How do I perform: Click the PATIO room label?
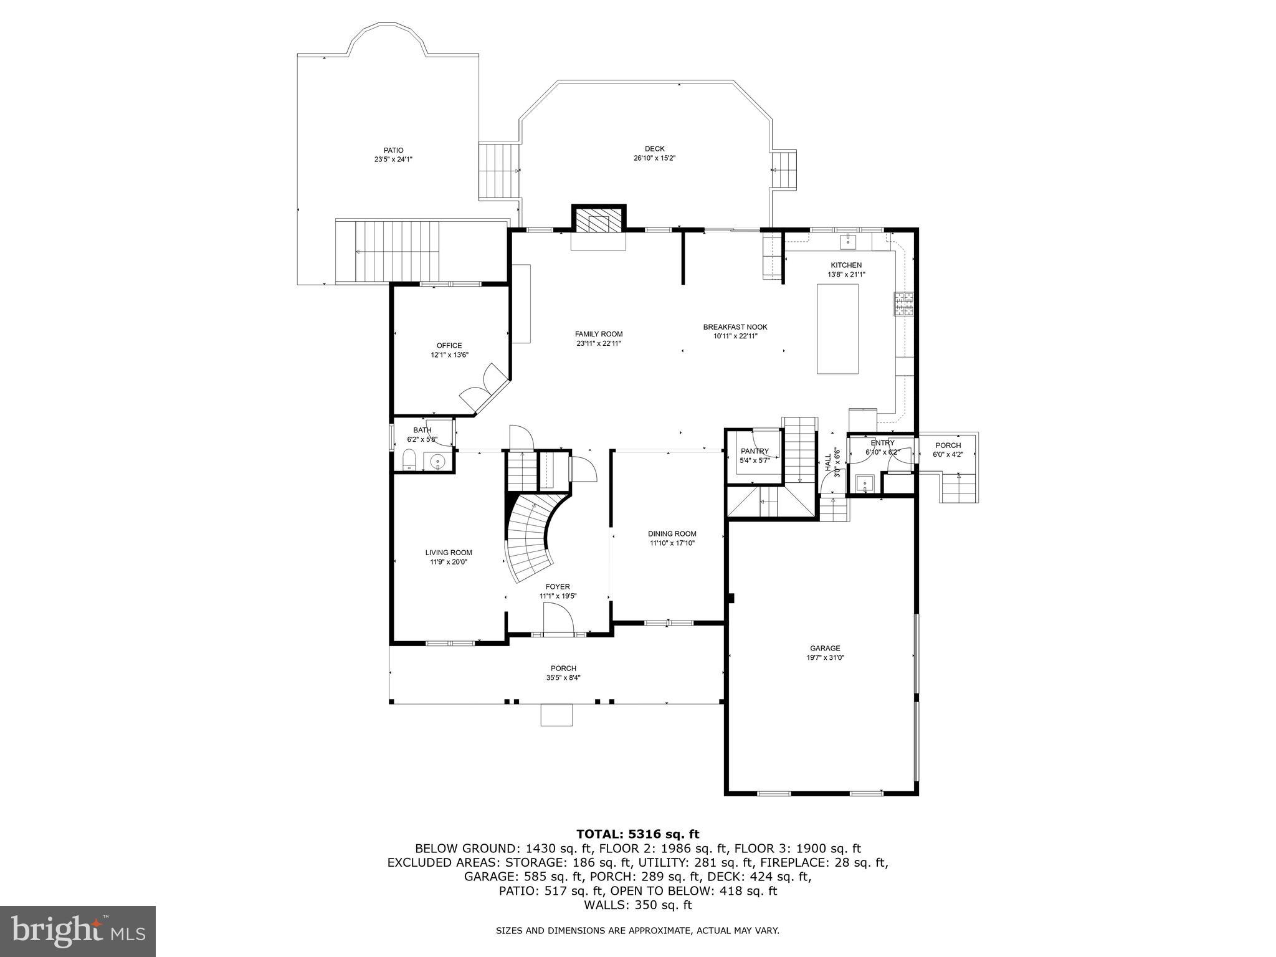[x=393, y=150]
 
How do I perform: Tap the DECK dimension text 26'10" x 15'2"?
[x=654, y=158]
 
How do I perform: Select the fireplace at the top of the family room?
[x=598, y=220]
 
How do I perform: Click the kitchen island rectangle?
[x=837, y=328]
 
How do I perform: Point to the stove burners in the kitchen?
[x=903, y=304]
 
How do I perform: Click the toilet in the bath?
[x=409, y=462]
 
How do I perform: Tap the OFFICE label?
[x=449, y=345]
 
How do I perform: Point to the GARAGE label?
[x=825, y=648]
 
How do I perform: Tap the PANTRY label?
[x=755, y=451]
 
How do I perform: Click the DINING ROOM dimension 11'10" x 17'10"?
[x=672, y=543]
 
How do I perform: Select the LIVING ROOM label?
[x=449, y=552]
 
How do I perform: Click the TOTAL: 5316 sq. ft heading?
[x=637, y=834]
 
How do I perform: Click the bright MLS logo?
[x=78, y=931]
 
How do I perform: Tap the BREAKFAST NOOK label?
[x=735, y=326]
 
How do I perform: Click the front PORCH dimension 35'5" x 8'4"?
[x=563, y=678]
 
